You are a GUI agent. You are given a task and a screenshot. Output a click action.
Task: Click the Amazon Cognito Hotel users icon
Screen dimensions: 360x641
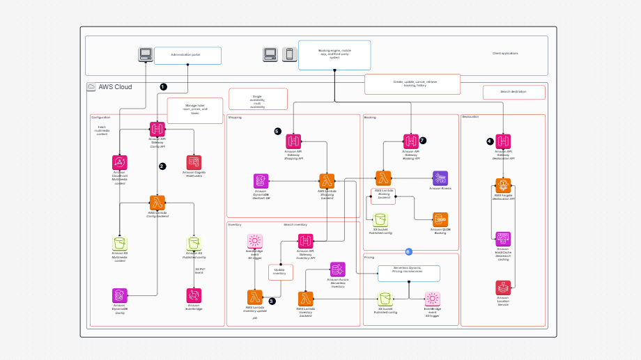tap(194, 162)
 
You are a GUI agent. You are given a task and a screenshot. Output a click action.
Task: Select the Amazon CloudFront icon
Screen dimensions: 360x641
tap(120, 162)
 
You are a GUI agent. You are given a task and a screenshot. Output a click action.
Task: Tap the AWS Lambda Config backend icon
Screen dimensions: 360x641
tap(157, 203)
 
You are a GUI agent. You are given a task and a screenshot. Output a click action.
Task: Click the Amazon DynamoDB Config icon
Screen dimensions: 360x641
tap(120, 295)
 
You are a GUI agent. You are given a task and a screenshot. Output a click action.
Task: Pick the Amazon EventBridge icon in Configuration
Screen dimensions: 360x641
tap(194, 295)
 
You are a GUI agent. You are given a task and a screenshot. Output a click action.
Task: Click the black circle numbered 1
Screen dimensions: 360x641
tap(164, 87)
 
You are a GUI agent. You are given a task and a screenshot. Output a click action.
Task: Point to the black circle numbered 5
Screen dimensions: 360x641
tap(277, 131)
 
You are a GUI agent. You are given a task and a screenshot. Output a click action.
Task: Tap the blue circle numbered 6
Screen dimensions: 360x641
tap(409, 251)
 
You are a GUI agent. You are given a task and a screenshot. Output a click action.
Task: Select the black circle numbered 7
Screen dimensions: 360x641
tap(422, 140)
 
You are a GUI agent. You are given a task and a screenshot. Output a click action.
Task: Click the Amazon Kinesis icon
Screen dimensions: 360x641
tap(440, 178)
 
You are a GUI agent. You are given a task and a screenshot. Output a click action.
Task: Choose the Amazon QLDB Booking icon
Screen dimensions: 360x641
tap(440, 219)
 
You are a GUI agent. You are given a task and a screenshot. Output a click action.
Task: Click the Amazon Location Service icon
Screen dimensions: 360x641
tap(503, 287)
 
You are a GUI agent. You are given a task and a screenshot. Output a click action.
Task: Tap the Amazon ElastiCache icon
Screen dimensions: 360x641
tap(503, 239)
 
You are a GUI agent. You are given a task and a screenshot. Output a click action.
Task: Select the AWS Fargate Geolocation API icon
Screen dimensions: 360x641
tap(503, 185)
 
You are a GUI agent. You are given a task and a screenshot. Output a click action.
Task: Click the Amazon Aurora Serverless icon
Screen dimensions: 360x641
tap(338, 269)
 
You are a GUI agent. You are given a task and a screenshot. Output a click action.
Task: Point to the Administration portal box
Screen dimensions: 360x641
tap(187, 56)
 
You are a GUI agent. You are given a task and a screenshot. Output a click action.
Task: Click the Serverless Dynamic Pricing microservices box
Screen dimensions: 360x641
tap(409, 273)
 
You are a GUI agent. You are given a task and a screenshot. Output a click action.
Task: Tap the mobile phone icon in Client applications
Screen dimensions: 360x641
tap(289, 54)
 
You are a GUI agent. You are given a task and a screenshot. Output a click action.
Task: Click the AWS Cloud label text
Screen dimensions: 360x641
tap(115, 87)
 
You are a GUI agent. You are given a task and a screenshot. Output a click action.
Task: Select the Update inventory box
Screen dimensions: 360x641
tap(280, 272)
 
